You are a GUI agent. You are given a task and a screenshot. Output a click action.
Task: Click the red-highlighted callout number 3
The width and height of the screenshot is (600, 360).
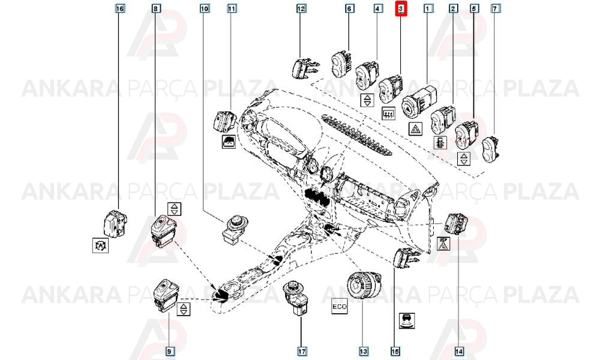click(401, 8)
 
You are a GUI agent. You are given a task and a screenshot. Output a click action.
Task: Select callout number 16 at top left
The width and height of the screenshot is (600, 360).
click(120, 8)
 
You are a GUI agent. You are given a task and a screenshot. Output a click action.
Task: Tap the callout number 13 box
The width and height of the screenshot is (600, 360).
click(363, 351)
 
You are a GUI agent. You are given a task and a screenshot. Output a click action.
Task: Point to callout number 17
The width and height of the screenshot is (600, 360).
click(302, 351)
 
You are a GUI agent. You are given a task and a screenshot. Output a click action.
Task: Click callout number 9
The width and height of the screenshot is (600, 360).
click(170, 351)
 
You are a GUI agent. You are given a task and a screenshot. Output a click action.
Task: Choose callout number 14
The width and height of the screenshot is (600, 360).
click(459, 351)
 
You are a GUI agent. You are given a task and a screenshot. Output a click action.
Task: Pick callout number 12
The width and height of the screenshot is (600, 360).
click(301, 8)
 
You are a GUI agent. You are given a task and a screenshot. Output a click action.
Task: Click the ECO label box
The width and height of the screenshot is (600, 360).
click(340, 307)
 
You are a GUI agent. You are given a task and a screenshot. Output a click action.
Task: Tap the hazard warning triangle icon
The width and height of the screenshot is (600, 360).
click(416, 130)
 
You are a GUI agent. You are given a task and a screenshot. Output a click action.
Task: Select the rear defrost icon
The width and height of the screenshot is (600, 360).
click(389, 113)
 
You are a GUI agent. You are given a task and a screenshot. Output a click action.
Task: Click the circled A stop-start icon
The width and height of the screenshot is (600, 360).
click(101, 245)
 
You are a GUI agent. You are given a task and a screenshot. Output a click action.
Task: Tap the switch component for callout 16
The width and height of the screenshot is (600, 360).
click(115, 223)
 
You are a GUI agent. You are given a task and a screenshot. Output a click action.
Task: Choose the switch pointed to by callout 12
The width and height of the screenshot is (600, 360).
click(305, 68)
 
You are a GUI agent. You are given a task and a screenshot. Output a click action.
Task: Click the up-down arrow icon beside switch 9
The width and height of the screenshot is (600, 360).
click(184, 309)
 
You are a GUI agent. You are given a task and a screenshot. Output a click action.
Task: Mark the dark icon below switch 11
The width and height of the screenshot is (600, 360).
click(229, 142)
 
